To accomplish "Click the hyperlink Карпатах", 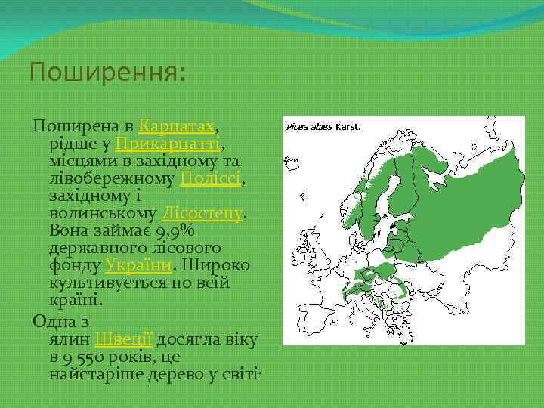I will point(179,125).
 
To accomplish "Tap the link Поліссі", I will point(210,178).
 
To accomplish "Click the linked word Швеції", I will point(125,339).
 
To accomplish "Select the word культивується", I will point(110,283).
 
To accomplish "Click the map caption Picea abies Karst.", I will point(323,127).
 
